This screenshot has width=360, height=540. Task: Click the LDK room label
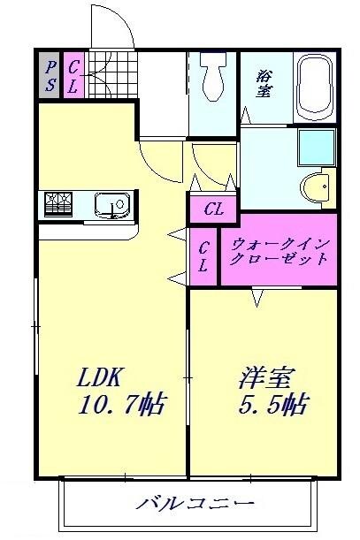(98, 376)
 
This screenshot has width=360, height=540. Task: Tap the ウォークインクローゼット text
(279, 252)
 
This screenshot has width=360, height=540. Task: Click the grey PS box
(50, 75)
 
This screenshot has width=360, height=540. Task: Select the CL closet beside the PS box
(73, 75)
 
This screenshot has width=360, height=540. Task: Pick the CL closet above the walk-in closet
(212, 209)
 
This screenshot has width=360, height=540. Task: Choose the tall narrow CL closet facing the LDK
(203, 258)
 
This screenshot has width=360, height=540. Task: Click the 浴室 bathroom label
(264, 84)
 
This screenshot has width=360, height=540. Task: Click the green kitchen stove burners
(58, 205)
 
